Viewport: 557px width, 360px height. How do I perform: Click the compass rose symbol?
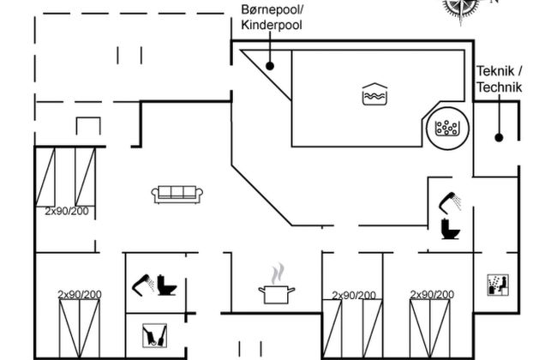(461, 7)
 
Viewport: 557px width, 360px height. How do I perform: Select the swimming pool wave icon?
(374, 94)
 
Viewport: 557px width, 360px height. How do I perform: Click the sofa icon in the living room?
(177, 195)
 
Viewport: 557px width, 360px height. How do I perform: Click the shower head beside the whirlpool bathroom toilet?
(451, 202)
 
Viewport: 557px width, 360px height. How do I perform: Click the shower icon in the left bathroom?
(142, 284)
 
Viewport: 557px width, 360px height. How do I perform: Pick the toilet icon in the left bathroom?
(166, 285)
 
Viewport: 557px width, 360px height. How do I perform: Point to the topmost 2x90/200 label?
(67, 211)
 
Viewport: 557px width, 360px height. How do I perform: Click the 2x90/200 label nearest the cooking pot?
(353, 296)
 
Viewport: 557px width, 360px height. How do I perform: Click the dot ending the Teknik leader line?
(499, 137)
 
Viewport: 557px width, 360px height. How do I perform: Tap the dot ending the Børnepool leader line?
(269, 65)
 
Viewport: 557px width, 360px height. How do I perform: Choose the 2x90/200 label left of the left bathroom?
(80, 295)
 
